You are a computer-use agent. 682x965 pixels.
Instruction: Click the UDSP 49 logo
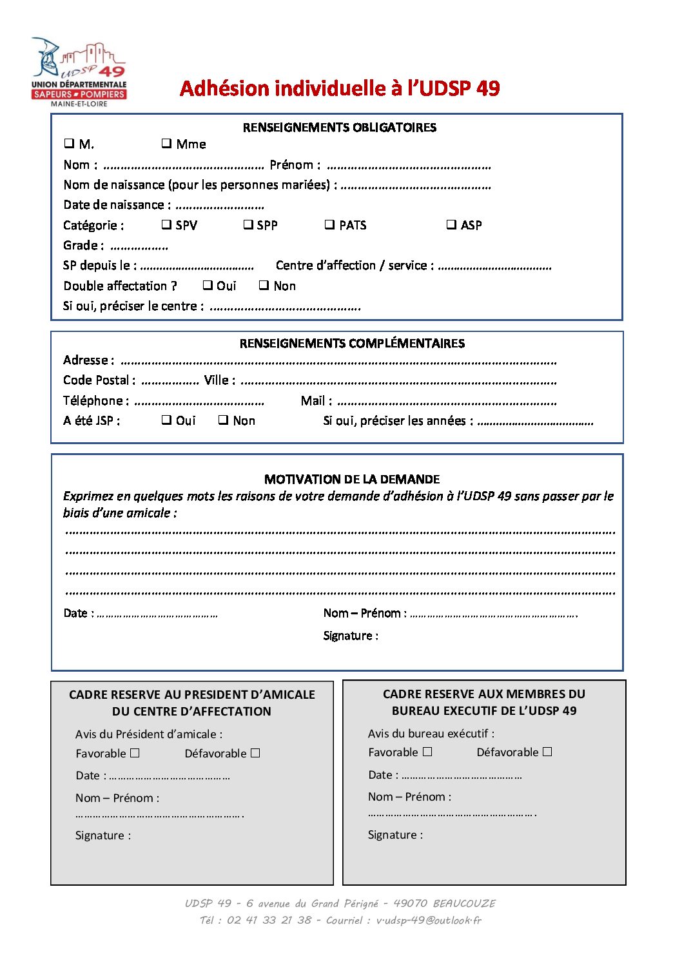pyautogui.click(x=79, y=72)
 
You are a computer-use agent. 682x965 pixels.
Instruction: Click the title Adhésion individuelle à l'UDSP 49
pyautogui.click(x=340, y=88)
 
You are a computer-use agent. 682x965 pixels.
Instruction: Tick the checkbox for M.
pyautogui.click(x=69, y=143)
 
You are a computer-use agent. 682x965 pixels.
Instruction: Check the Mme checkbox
pyautogui.click(x=166, y=143)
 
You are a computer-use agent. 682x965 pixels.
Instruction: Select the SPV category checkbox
pyautogui.click(x=166, y=224)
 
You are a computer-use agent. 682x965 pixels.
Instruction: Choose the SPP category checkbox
pyautogui.click(x=248, y=224)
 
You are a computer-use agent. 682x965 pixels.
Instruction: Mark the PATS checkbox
pyautogui.click(x=329, y=224)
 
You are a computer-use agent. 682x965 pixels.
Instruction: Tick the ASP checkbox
pyautogui.click(x=451, y=224)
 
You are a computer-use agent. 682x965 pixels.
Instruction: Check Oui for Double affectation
pyautogui.click(x=208, y=285)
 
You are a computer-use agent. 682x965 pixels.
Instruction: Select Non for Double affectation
pyautogui.click(x=264, y=285)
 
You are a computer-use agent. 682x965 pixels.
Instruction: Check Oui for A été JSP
pyautogui.click(x=166, y=420)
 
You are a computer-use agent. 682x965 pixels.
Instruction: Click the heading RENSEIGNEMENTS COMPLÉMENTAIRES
pyautogui.click(x=352, y=344)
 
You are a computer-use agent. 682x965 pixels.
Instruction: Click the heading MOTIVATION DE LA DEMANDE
pyautogui.click(x=352, y=479)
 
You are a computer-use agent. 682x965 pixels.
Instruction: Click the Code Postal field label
pyautogui.click(x=99, y=380)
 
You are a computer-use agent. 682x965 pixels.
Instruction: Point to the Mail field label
pyautogui.click(x=316, y=401)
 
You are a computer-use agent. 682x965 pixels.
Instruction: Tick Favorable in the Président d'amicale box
pyautogui.click(x=135, y=753)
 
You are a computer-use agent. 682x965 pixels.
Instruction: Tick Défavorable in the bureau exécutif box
pyautogui.click(x=547, y=752)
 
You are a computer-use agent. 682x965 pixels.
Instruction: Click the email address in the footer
pyautogui.click(x=429, y=921)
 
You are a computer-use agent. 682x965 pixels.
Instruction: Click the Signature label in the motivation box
pyautogui.click(x=351, y=636)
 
